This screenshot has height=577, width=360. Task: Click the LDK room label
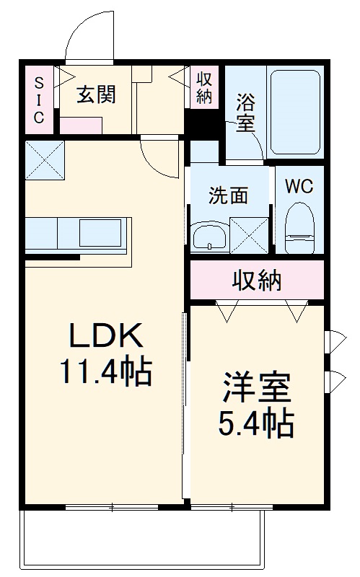[x=106, y=335]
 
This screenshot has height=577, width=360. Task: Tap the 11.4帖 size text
[x=106, y=371]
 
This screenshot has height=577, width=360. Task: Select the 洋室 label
[x=257, y=387]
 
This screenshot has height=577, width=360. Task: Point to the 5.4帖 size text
[x=257, y=423]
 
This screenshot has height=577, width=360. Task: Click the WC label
[x=299, y=187]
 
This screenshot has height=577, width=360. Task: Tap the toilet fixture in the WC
[x=299, y=227]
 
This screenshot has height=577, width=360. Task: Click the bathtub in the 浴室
[x=295, y=113]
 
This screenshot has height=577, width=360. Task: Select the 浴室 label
[x=245, y=113]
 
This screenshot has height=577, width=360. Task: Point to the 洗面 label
[x=228, y=195]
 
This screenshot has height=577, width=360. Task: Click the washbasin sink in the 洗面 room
[x=210, y=237]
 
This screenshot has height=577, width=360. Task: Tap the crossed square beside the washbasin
[x=249, y=235]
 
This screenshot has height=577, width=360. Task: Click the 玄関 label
[x=97, y=94]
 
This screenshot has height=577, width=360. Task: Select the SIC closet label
[x=40, y=100]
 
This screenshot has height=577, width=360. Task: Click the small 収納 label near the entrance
[x=204, y=87]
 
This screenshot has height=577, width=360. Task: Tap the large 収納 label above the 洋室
[x=257, y=281]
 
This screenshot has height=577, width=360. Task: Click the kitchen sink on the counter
[x=100, y=233]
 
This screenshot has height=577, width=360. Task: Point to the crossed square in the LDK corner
[x=45, y=160]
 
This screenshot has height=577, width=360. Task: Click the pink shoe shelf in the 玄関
[x=81, y=125]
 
